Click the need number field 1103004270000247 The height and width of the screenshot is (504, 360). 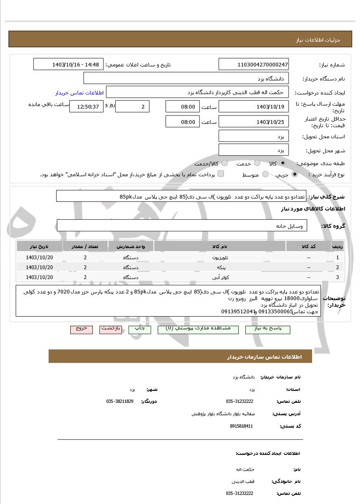click(x=253, y=64)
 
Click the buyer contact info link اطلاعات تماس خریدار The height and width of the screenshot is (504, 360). click(x=79, y=93)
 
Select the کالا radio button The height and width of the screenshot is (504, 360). click(x=282, y=163)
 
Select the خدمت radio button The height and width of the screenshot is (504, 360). click(x=257, y=163)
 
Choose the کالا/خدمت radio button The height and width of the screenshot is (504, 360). click(x=225, y=163)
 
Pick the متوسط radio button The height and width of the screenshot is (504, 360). click(x=265, y=174)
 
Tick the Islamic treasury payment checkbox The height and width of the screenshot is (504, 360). click(x=221, y=174)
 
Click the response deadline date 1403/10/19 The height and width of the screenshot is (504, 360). click(x=253, y=106)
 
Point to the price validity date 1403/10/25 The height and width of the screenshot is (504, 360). click(x=253, y=121)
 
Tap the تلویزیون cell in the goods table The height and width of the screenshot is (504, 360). click(x=220, y=257)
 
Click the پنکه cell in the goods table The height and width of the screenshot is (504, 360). click(x=220, y=267)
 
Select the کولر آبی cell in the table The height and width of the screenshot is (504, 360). click(x=220, y=277)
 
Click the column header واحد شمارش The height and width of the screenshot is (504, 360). click(x=130, y=246)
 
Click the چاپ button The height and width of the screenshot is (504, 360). click(x=140, y=329)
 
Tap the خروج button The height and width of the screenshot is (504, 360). click(x=81, y=329)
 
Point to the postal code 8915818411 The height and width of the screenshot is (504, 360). click(x=242, y=426)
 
